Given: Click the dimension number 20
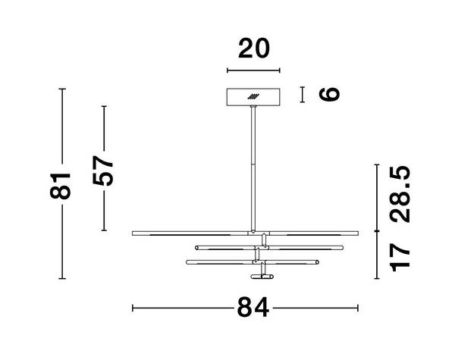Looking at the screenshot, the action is tap(254, 49).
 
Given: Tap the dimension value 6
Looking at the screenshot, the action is tap(329, 94).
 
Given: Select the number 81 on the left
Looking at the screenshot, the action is tap(61, 186).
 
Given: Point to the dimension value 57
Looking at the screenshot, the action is tap(102, 171).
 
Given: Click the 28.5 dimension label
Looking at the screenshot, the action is tap(400, 194).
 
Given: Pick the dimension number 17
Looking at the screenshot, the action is tap(400, 258).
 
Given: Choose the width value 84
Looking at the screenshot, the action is tap(253, 308).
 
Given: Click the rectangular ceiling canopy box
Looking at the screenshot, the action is tap(253, 97).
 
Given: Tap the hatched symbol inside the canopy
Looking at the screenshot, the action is tap(253, 96).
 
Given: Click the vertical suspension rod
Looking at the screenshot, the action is tap(253, 169).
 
